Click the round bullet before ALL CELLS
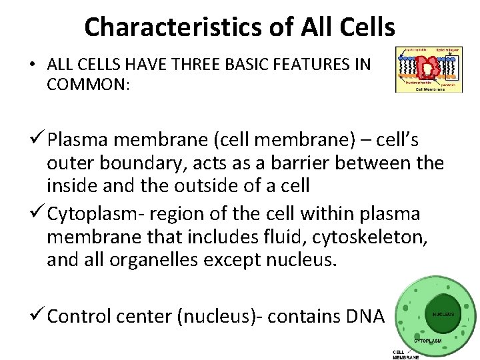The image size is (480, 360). click(x=32, y=65)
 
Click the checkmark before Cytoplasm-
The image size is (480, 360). click(x=39, y=214)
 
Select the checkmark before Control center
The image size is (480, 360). click(x=39, y=315)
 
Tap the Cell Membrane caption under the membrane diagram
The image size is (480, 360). click(x=431, y=89)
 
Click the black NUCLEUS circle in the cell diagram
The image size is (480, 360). click(x=443, y=313)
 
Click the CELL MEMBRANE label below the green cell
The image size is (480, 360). click(x=405, y=355)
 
